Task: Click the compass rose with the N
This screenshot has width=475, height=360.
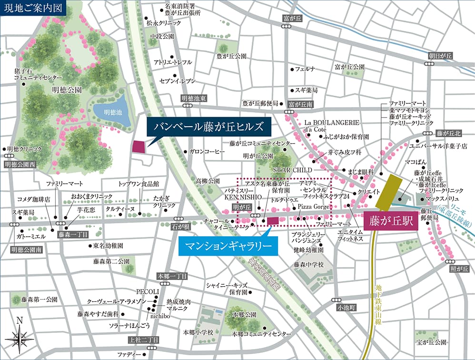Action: [19, 337]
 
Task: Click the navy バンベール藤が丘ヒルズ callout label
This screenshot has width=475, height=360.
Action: [208, 127]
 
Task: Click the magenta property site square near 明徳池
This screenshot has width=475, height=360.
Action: [139, 147]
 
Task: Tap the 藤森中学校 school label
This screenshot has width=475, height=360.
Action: [308, 264]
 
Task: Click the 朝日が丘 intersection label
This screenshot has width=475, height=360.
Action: [441, 56]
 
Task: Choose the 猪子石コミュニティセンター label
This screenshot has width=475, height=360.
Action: [38, 74]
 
